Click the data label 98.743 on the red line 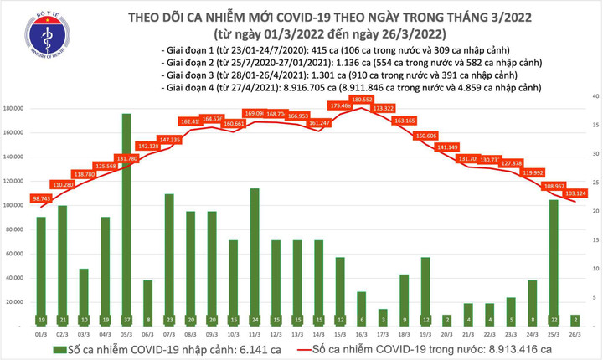coord(41,198)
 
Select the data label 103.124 coord(575,193)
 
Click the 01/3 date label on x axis coord(41,334)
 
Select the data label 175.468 coord(339,106)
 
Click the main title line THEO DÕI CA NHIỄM coord(301,18)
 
